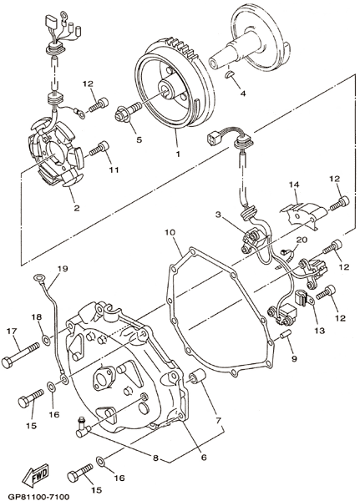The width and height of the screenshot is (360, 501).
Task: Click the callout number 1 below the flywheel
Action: pyautogui.click(x=178, y=154)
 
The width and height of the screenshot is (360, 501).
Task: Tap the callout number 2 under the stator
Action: pyautogui.click(x=76, y=208)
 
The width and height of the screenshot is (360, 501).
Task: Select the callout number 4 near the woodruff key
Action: pyautogui.click(x=243, y=93)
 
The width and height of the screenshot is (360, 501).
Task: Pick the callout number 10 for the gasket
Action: pyautogui.click(x=170, y=232)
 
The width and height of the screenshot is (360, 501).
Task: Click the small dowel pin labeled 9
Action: pyautogui.click(x=285, y=336)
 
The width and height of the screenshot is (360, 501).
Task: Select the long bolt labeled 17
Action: pyautogui.click(x=20, y=356)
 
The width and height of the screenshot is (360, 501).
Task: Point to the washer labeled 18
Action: pyautogui.click(x=47, y=339)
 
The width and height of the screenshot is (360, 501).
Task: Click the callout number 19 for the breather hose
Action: pyautogui.click(x=63, y=268)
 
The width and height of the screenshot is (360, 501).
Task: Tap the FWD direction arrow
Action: pyautogui.click(x=35, y=473)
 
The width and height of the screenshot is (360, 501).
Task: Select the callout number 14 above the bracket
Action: pyautogui.click(x=294, y=185)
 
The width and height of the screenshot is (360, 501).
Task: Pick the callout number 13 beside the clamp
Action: pyautogui.click(x=319, y=331)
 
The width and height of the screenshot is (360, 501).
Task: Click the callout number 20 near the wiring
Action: pyautogui.click(x=301, y=240)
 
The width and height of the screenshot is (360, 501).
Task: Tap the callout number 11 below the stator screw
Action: pyautogui.click(x=114, y=170)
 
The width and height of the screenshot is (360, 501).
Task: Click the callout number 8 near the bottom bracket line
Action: pyautogui.click(x=155, y=458)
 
